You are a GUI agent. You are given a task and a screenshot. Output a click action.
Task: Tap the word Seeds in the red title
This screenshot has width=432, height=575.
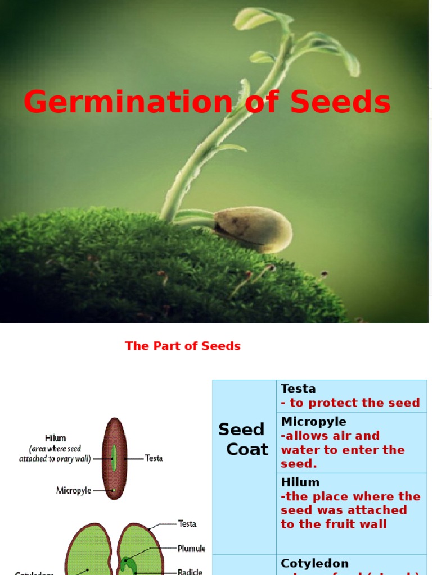tap(340, 103)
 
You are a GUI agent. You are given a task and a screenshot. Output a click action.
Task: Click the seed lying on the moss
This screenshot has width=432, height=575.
tap(253, 228)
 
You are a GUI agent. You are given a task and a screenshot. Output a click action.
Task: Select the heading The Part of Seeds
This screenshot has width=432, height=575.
tap(183, 346)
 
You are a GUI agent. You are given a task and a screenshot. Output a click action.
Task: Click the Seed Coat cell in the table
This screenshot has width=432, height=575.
tap(244, 439)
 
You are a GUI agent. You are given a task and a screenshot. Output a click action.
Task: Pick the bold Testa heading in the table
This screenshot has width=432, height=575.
tap(298, 389)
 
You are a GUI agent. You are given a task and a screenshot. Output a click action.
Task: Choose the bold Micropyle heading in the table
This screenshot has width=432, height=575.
tap(313, 421)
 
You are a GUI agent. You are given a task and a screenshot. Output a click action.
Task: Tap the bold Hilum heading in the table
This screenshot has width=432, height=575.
tap(300, 482)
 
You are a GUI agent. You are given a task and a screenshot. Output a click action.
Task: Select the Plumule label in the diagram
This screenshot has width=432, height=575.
tap(191, 548)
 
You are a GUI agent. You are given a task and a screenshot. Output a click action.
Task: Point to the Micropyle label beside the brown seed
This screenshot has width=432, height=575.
tap(74, 490)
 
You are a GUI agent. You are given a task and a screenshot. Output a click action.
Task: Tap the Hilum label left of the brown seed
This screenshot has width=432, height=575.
tap(56, 438)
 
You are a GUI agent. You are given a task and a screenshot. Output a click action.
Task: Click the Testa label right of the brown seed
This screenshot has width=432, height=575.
tap(154, 458)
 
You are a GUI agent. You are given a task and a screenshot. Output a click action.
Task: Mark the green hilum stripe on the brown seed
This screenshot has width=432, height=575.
tap(114, 457)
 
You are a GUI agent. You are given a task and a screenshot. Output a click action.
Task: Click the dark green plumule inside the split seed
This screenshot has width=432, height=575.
tap(128, 563)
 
